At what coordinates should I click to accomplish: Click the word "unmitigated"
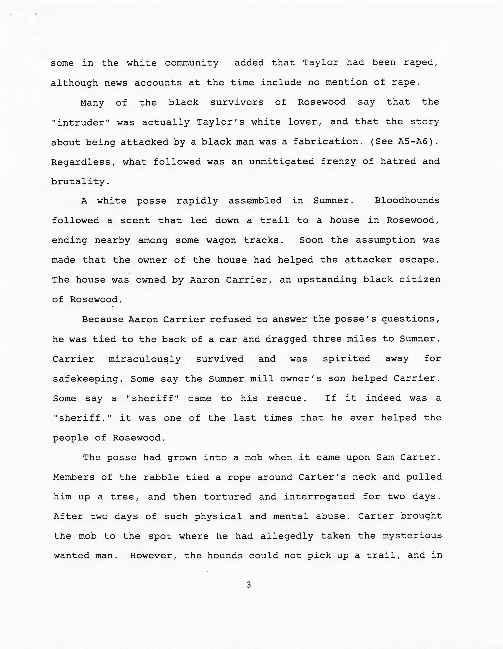tap(281, 162)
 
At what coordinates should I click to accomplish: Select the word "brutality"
tap(78, 182)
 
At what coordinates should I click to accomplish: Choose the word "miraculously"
tap(145, 359)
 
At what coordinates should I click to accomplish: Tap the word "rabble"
tap(161, 477)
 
